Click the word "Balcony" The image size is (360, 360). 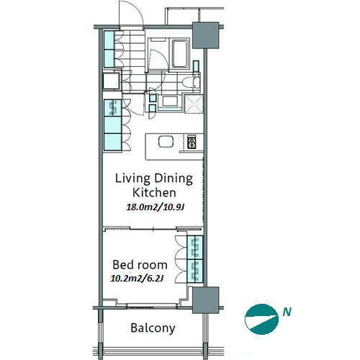[x=153, y=328]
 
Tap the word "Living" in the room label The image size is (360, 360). [x=132, y=179]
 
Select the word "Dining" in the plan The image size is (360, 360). [x=174, y=179]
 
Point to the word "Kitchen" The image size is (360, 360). [x=154, y=192]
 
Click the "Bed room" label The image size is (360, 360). [x=140, y=265]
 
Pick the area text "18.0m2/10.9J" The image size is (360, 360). [x=156, y=207]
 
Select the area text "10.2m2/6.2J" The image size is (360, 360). [x=137, y=278]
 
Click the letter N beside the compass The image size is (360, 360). [x=287, y=312]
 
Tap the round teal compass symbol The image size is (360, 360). [x=261, y=319]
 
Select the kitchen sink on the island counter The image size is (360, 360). [x=166, y=142]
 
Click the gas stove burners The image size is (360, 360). [x=192, y=142]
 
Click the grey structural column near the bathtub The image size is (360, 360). [x=206, y=35]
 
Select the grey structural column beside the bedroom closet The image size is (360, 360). [x=206, y=300]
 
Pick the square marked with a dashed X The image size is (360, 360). [x=194, y=104]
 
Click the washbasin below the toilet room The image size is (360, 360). [x=170, y=101]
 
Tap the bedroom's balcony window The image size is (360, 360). [x=152, y=305]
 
